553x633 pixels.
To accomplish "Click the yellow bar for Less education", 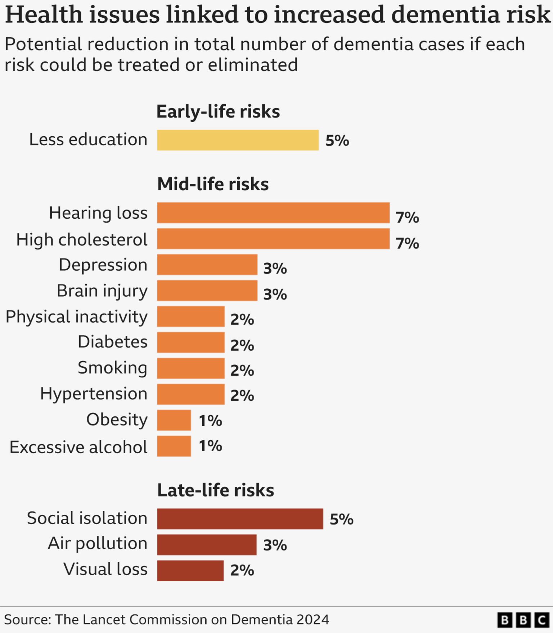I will pos(238,140).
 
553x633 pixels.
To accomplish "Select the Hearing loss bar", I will pos(273,213).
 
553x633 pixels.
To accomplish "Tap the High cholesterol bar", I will pos(273,239).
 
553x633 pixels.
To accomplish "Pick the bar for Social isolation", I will pos(240,519).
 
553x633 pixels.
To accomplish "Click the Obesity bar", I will pos(174,420).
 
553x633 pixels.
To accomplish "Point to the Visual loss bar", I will pos(190,571).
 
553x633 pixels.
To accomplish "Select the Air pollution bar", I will pos(207,545).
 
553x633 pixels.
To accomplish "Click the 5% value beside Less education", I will pos(337,141).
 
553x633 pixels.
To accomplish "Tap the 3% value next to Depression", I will pos(275,268).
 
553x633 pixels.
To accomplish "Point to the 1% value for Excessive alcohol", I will pos(211,446).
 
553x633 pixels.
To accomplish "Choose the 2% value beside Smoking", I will pos(242,371).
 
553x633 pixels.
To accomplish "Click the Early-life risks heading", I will pos(218,111).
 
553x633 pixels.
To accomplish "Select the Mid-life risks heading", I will pos(213,184).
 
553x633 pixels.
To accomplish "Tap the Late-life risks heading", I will pos(215,490).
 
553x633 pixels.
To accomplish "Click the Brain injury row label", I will pos(102,291).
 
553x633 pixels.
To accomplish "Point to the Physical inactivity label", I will pos(76,317).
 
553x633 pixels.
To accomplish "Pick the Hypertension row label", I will pos(94,394).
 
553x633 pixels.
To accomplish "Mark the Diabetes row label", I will pos(112,342).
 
